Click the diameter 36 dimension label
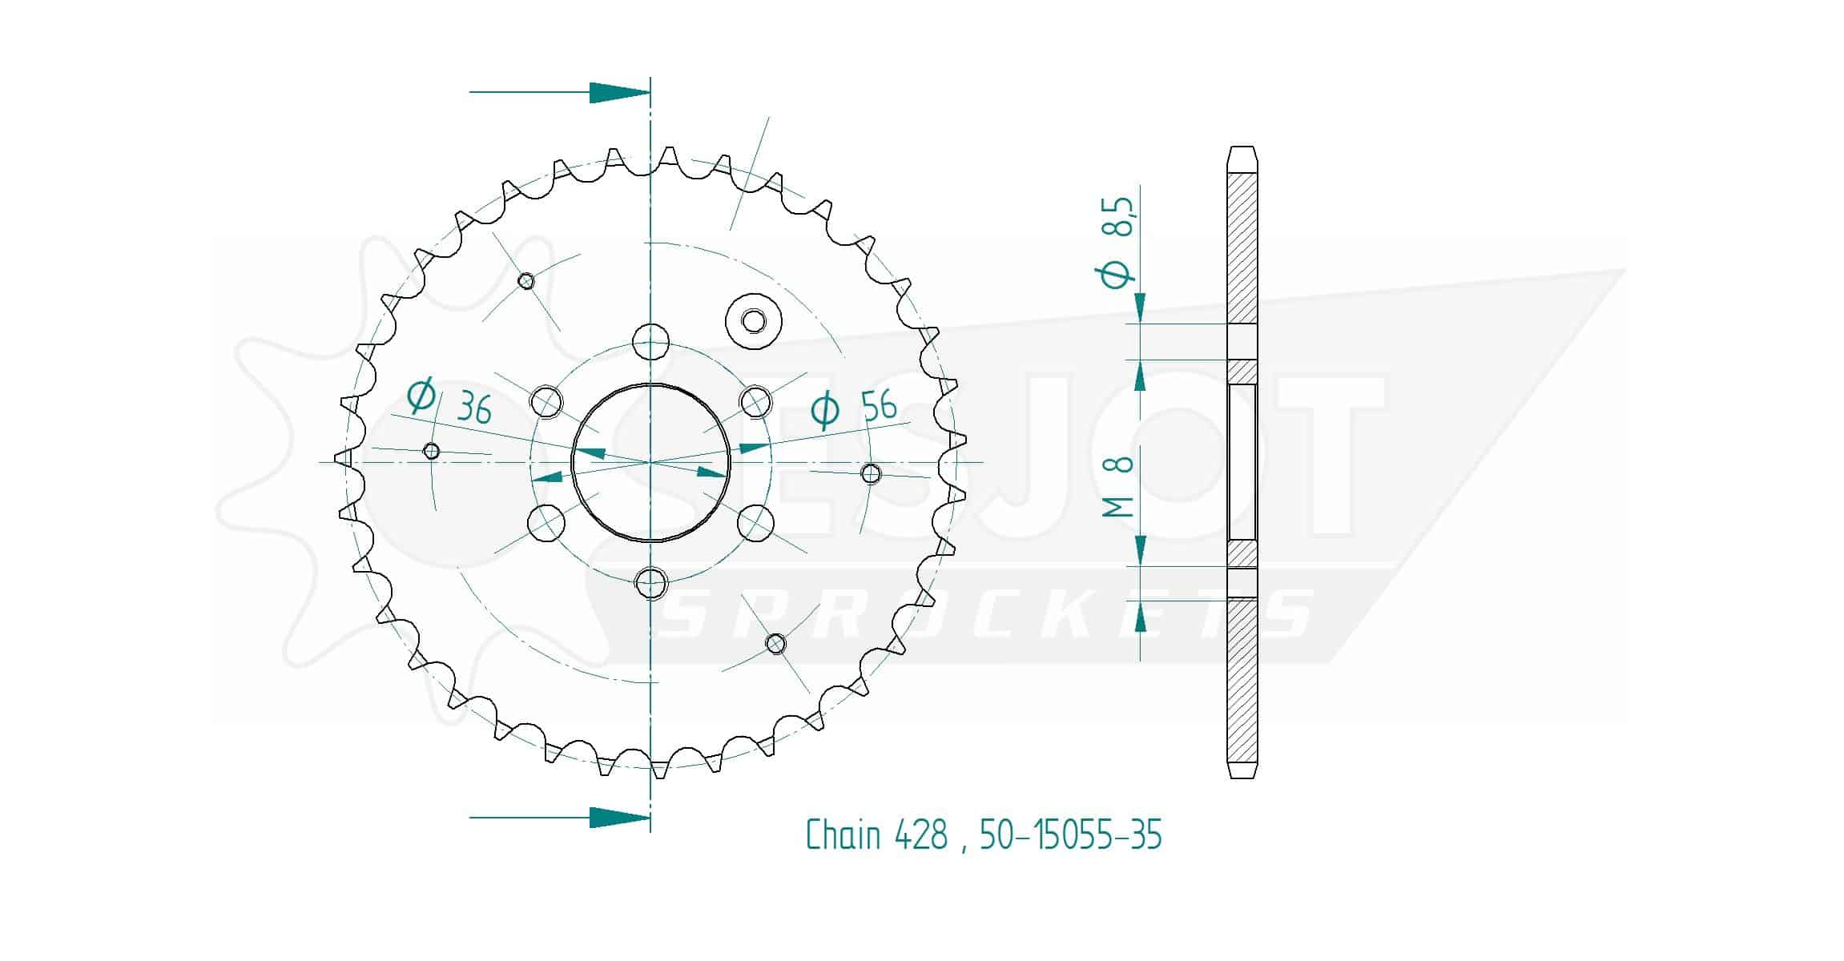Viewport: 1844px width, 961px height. (449, 402)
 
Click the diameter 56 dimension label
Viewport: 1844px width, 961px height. (854, 408)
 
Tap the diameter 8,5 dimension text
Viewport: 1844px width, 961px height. (1118, 240)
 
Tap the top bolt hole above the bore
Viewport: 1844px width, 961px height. (650, 342)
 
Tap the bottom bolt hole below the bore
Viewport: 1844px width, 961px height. (650, 583)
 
